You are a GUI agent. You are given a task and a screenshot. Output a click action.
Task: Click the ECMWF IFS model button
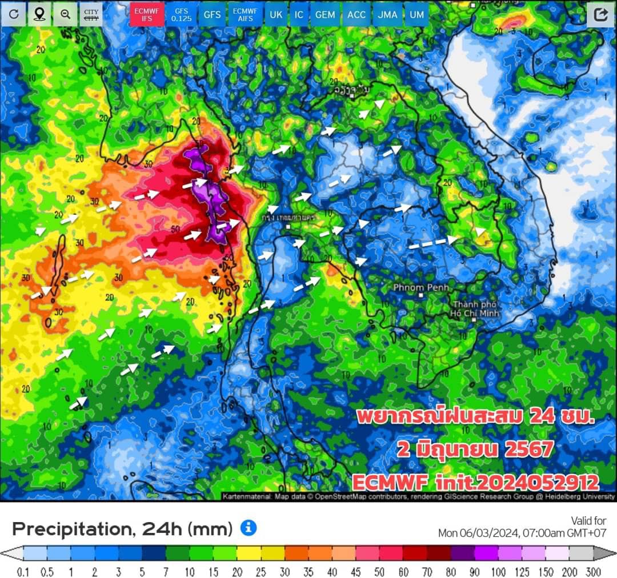[147, 14]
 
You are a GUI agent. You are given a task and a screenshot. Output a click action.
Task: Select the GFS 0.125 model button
[181, 14]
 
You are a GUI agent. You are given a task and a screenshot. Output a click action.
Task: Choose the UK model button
[276, 14]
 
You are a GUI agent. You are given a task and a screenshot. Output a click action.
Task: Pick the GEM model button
[325, 14]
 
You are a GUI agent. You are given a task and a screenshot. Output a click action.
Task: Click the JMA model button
[387, 14]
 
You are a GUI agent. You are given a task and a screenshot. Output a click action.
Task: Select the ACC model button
[356, 14]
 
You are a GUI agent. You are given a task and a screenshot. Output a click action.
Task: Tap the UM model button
[416, 14]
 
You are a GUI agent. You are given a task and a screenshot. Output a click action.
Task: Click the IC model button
[299, 14]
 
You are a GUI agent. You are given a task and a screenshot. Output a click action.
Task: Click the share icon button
[600, 14]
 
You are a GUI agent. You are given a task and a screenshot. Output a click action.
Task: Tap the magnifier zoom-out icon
[65, 14]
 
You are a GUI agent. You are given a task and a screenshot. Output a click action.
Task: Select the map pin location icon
[39, 14]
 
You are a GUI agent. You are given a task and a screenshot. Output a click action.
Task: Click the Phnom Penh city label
[420, 287]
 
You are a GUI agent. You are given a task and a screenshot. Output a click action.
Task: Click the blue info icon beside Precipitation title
[248, 528]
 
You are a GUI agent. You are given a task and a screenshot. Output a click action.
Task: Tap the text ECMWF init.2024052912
[475, 483]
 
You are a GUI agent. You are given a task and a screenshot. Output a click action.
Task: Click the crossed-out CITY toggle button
[91, 14]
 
